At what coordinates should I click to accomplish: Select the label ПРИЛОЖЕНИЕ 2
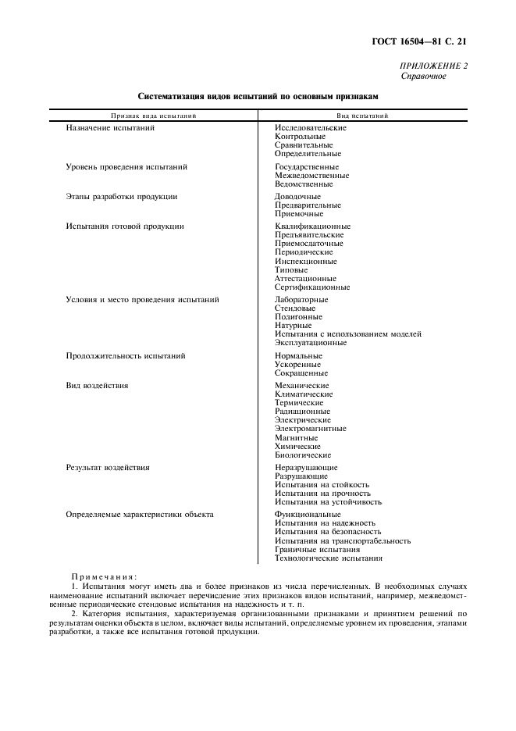433,66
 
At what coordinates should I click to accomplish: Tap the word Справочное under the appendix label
424,77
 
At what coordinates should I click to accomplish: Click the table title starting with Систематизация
258,97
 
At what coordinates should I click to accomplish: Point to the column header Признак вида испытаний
153,116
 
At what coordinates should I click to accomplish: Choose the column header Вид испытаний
363,116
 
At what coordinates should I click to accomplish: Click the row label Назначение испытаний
110,127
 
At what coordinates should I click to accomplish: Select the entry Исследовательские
310,127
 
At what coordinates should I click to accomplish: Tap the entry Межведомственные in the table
311,176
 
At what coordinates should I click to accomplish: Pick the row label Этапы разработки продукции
121,196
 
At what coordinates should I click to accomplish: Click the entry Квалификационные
312,226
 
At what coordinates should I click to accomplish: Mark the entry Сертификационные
312,287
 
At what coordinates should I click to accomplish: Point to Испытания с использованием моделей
347,334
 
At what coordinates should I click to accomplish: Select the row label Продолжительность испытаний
126,356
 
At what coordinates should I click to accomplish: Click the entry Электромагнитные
310,429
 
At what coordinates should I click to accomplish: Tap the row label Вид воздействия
97,386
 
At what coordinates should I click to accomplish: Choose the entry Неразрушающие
306,468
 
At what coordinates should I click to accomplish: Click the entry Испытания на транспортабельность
342,541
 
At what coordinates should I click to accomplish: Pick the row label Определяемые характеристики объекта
140,515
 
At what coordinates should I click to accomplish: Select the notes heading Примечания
104,577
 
